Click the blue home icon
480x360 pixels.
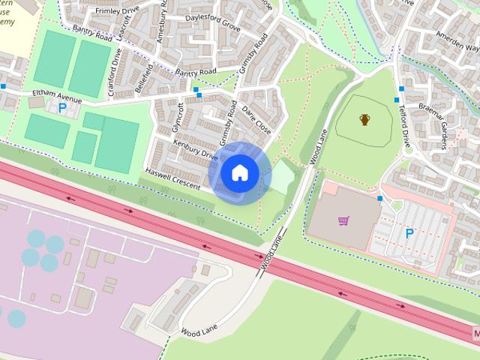tap(239, 173)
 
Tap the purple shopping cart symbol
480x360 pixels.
tap(343, 220)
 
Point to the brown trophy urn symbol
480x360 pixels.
tap(364, 119)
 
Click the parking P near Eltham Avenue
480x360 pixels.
tap(62, 108)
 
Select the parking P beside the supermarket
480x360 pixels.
tap(409, 233)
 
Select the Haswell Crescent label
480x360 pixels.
tap(172, 178)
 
